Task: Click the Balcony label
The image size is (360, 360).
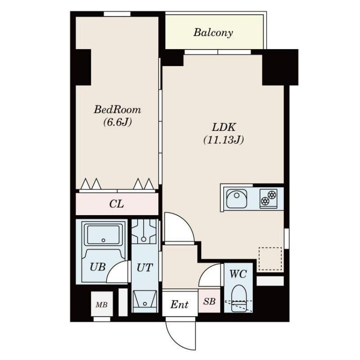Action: click(x=213, y=33)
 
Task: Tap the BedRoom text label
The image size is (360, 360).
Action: click(x=117, y=109)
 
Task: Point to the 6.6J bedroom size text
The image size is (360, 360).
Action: click(x=117, y=122)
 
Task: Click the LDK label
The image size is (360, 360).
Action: click(x=224, y=127)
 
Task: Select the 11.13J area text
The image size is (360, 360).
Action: click(x=223, y=139)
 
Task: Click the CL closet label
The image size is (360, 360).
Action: click(x=117, y=204)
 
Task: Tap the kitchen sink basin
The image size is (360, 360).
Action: click(x=237, y=198)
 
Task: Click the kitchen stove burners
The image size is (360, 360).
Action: click(x=268, y=198)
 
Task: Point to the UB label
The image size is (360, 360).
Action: click(x=98, y=267)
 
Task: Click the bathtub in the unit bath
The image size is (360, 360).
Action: click(x=103, y=234)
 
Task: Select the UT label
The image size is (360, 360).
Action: click(x=144, y=268)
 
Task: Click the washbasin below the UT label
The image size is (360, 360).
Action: click(x=145, y=301)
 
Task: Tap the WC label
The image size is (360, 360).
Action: click(x=238, y=274)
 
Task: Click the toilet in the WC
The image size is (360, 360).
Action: click(x=239, y=298)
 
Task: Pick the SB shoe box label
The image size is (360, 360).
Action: click(x=209, y=301)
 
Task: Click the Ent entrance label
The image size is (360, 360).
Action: click(x=179, y=305)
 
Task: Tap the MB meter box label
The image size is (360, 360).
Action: click(x=102, y=305)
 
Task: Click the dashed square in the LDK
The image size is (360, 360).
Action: click(x=270, y=258)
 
